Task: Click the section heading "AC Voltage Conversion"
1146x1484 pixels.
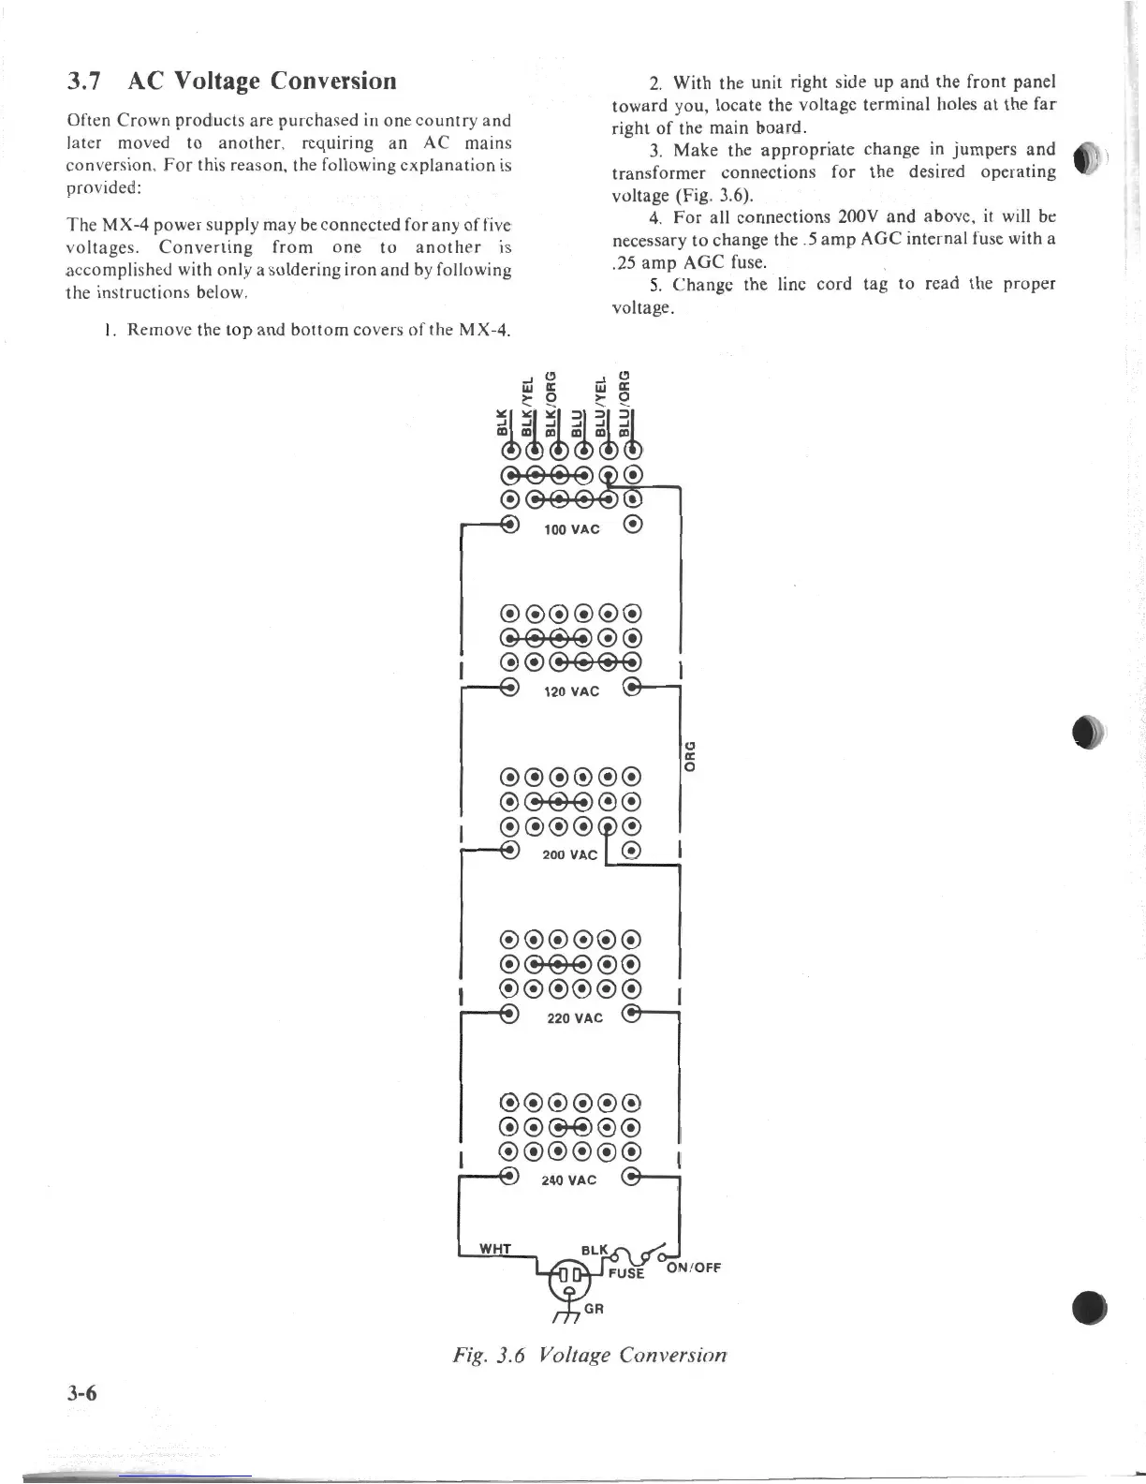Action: [261, 81]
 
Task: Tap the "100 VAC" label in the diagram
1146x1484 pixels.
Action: [572, 528]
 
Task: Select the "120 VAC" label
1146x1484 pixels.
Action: [571, 691]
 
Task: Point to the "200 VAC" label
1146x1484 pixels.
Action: [569, 854]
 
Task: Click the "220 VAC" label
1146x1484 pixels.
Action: [575, 1017]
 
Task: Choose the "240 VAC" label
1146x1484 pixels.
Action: [568, 1180]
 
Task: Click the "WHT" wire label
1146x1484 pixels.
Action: [495, 1248]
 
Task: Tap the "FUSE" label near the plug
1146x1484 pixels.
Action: [626, 1273]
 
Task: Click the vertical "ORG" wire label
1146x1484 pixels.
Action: [689, 731]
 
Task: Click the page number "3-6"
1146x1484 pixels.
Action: [82, 1392]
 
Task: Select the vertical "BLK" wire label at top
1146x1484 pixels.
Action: [502, 423]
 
